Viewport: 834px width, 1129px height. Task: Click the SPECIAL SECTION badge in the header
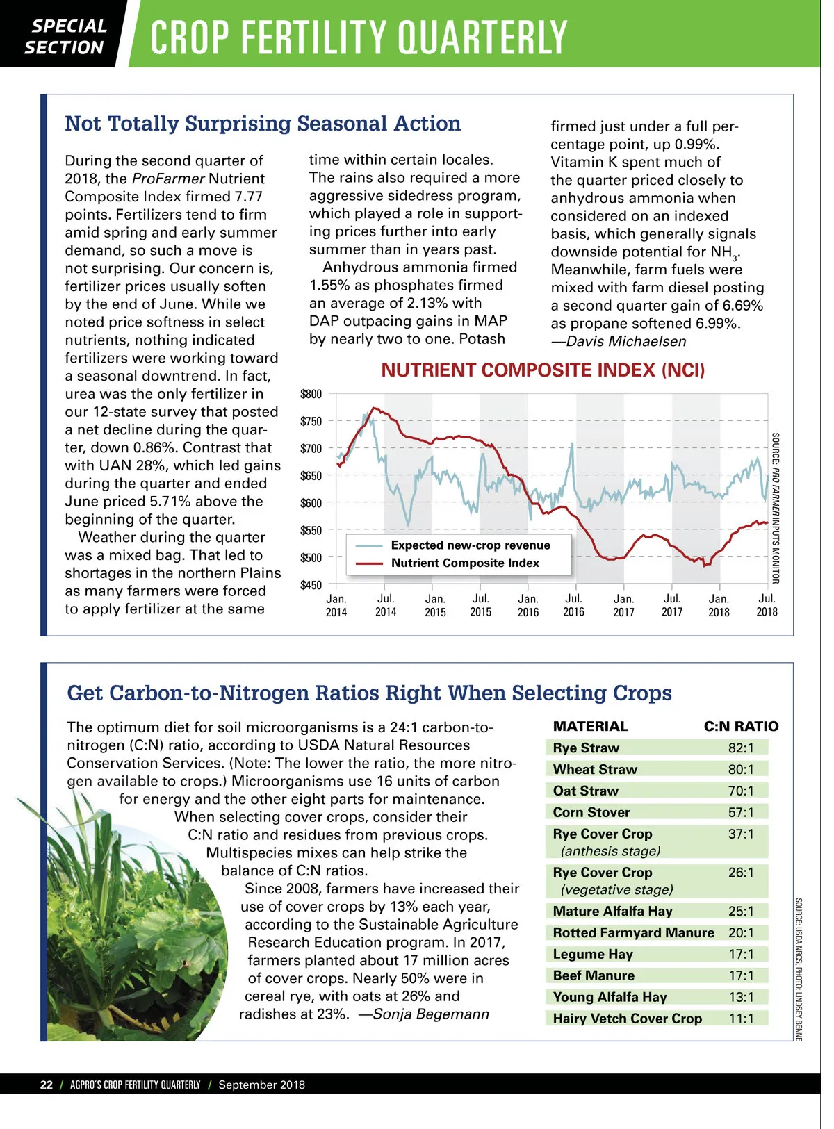pos(66,36)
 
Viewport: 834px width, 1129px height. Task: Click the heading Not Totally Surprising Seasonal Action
pos(263,124)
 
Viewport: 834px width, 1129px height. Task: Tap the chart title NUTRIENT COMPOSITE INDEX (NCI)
pos(543,370)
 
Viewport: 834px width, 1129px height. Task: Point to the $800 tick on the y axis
pos(311,394)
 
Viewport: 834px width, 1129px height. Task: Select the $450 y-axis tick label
pos(311,585)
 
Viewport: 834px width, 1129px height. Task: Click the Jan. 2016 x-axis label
pos(528,605)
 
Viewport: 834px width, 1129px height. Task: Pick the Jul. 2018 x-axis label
pos(767,605)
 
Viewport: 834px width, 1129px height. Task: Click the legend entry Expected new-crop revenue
pos(471,545)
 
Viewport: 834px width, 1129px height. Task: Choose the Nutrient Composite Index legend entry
pos(465,563)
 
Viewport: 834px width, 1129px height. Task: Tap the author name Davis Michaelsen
pos(625,341)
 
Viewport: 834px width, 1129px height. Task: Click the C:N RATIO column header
pos(741,726)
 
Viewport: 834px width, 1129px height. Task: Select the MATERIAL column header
pos(591,726)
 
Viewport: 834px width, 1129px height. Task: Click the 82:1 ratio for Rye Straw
pos(741,748)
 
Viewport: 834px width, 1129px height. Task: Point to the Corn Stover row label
pos(591,812)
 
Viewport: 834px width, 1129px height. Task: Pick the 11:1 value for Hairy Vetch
pos(741,1019)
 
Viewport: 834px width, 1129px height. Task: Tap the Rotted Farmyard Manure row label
pos(633,932)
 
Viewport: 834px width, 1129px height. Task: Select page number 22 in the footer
pos(47,1085)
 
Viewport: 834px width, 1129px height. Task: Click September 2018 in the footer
pos(261,1085)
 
